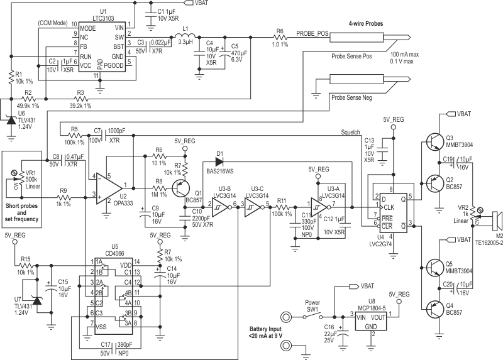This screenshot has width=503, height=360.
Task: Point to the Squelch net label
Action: (350, 133)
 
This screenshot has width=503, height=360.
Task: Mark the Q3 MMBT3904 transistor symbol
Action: (433, 141)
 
